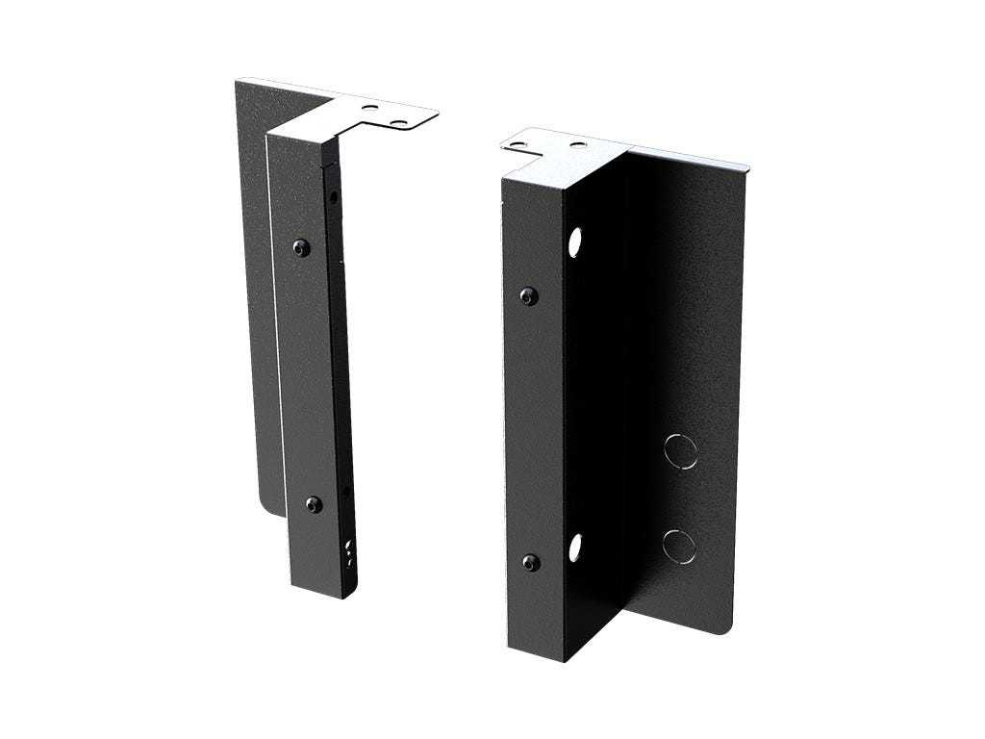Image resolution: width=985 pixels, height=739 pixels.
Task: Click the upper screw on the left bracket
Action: click(x=303, y=247)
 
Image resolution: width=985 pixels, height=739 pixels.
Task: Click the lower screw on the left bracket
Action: click(x=315, y=503)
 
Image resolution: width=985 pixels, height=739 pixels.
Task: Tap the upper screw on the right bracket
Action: click(x=527, y=296)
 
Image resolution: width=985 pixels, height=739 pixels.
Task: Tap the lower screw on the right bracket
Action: click(x=528, y=562)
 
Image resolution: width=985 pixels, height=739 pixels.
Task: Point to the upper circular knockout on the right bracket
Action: click(x=681, y=450)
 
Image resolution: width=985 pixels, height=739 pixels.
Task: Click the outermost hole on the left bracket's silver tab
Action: click(x=400, y=122)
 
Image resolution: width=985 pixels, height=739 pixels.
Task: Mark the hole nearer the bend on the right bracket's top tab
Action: click(x=577, y=145)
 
